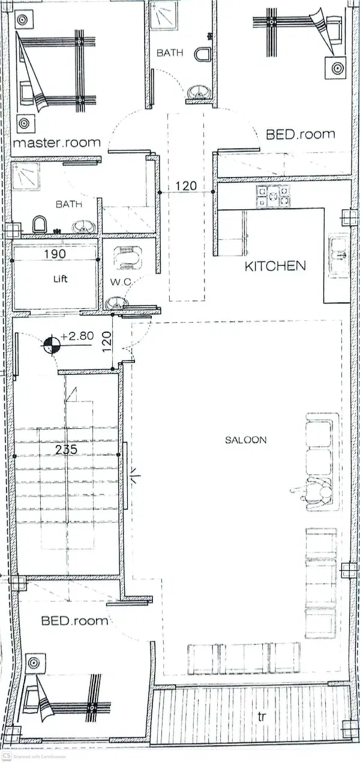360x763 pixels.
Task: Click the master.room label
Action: pos(56,142)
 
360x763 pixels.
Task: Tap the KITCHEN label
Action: pos(275,266)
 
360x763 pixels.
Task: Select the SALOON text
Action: pos(245,440)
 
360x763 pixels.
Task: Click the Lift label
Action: pos(60,279)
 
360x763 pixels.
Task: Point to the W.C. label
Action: pos(121,282)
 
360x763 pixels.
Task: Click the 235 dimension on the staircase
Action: pos(67,450)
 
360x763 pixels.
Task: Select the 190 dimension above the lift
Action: pos(55,254)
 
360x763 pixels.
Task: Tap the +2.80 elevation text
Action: pos(77,336)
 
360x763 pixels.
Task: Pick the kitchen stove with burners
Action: pos(273,196)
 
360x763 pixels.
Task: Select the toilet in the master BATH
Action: pos(39,224)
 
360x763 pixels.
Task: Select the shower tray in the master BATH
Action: pos(26,177)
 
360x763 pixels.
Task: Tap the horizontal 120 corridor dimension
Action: pos(187,186)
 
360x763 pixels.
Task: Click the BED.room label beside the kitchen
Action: pos(301,134)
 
